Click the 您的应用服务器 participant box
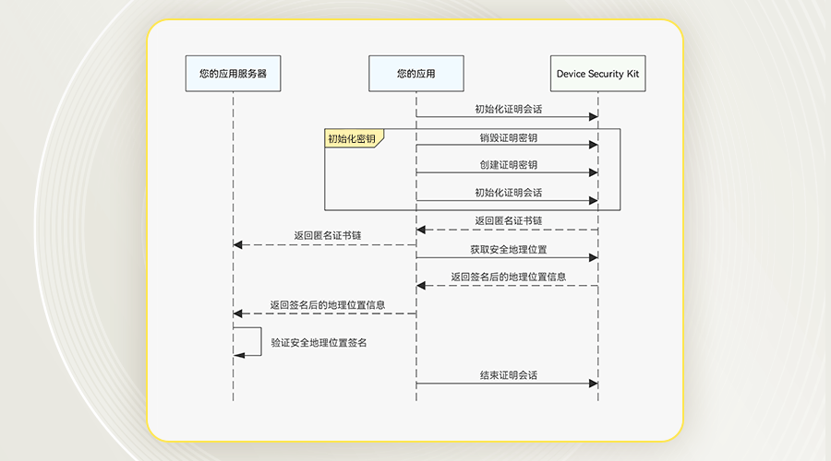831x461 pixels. [234, 74]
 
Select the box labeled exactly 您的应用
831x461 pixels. [416, 74]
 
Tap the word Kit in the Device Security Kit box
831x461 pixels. [632, 74]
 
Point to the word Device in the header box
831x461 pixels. [571, 74]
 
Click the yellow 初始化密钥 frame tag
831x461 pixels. [354, 138]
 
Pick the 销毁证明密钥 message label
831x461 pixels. [509, 138]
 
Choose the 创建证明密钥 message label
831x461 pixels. [509, 165]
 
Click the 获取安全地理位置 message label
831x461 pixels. [509, 250]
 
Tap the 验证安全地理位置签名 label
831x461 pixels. [319, 343]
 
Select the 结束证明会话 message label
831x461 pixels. [509, 375]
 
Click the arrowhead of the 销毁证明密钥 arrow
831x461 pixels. [594, 145]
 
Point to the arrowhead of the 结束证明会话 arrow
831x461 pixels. [594, 384]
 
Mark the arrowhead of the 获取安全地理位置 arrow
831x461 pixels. [594, 258]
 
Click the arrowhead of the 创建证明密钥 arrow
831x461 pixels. [594, 172]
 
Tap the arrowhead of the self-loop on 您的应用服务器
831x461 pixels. [238, 355]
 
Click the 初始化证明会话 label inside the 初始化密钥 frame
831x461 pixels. [509, 193]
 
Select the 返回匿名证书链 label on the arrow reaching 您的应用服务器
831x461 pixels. [328, 235]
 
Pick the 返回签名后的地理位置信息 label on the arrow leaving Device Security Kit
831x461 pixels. [509, 277]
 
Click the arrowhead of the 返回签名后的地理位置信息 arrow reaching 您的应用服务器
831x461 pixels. [238, 313]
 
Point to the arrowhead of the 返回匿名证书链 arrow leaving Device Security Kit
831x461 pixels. [421, 230]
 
